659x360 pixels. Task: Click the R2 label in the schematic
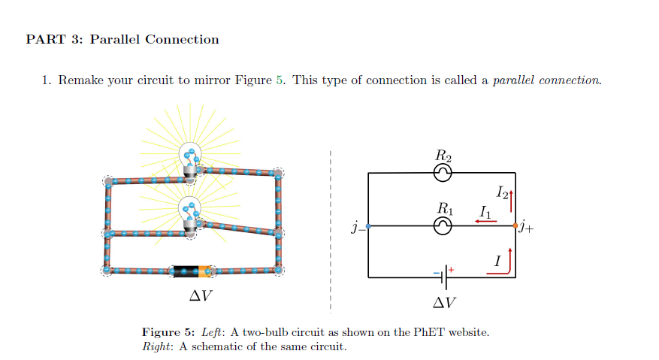pos(443,156)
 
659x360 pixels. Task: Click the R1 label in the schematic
pos(446,208)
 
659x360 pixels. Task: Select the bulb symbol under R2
pos(443,173)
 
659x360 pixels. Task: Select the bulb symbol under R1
pos(443,225)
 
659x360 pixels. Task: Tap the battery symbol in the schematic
pos(445,277)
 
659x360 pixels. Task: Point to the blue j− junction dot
pos(367,225)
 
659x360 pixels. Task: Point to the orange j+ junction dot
pos(515,225)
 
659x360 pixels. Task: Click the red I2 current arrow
pos(511,201)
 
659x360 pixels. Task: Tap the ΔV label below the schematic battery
pos(444,303)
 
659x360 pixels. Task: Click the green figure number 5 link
pos(280,80)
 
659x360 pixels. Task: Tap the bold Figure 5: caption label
pos(171,331)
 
